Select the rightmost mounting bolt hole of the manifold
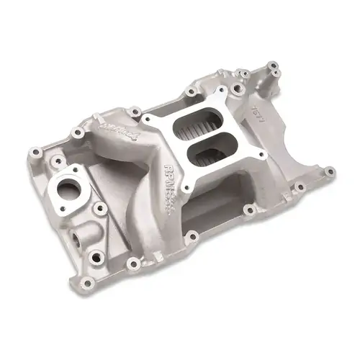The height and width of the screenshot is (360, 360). point(329,172)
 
